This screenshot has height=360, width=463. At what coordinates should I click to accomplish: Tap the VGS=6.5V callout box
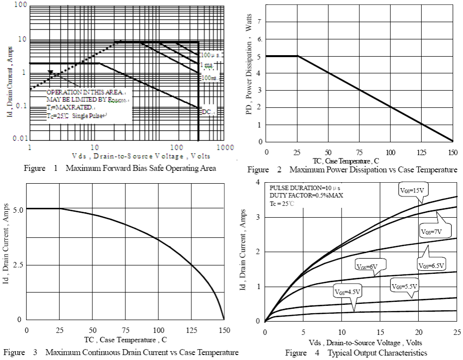[x=432, y=265]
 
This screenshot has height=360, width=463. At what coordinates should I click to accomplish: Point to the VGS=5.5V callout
[x=404, y=286]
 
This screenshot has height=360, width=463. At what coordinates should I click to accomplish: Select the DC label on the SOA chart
[x=207, y=112]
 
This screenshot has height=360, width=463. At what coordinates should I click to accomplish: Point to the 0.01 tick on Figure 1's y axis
[x=19, y=138]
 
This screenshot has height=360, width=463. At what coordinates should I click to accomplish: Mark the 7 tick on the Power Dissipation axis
[x=259, y=22]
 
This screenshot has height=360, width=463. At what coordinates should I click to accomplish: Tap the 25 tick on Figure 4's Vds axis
[x=456, y=332]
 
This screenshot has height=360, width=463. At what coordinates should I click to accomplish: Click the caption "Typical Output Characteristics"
[x=377, y=353]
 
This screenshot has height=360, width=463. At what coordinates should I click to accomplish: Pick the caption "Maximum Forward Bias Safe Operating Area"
[x=141, y=168]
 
